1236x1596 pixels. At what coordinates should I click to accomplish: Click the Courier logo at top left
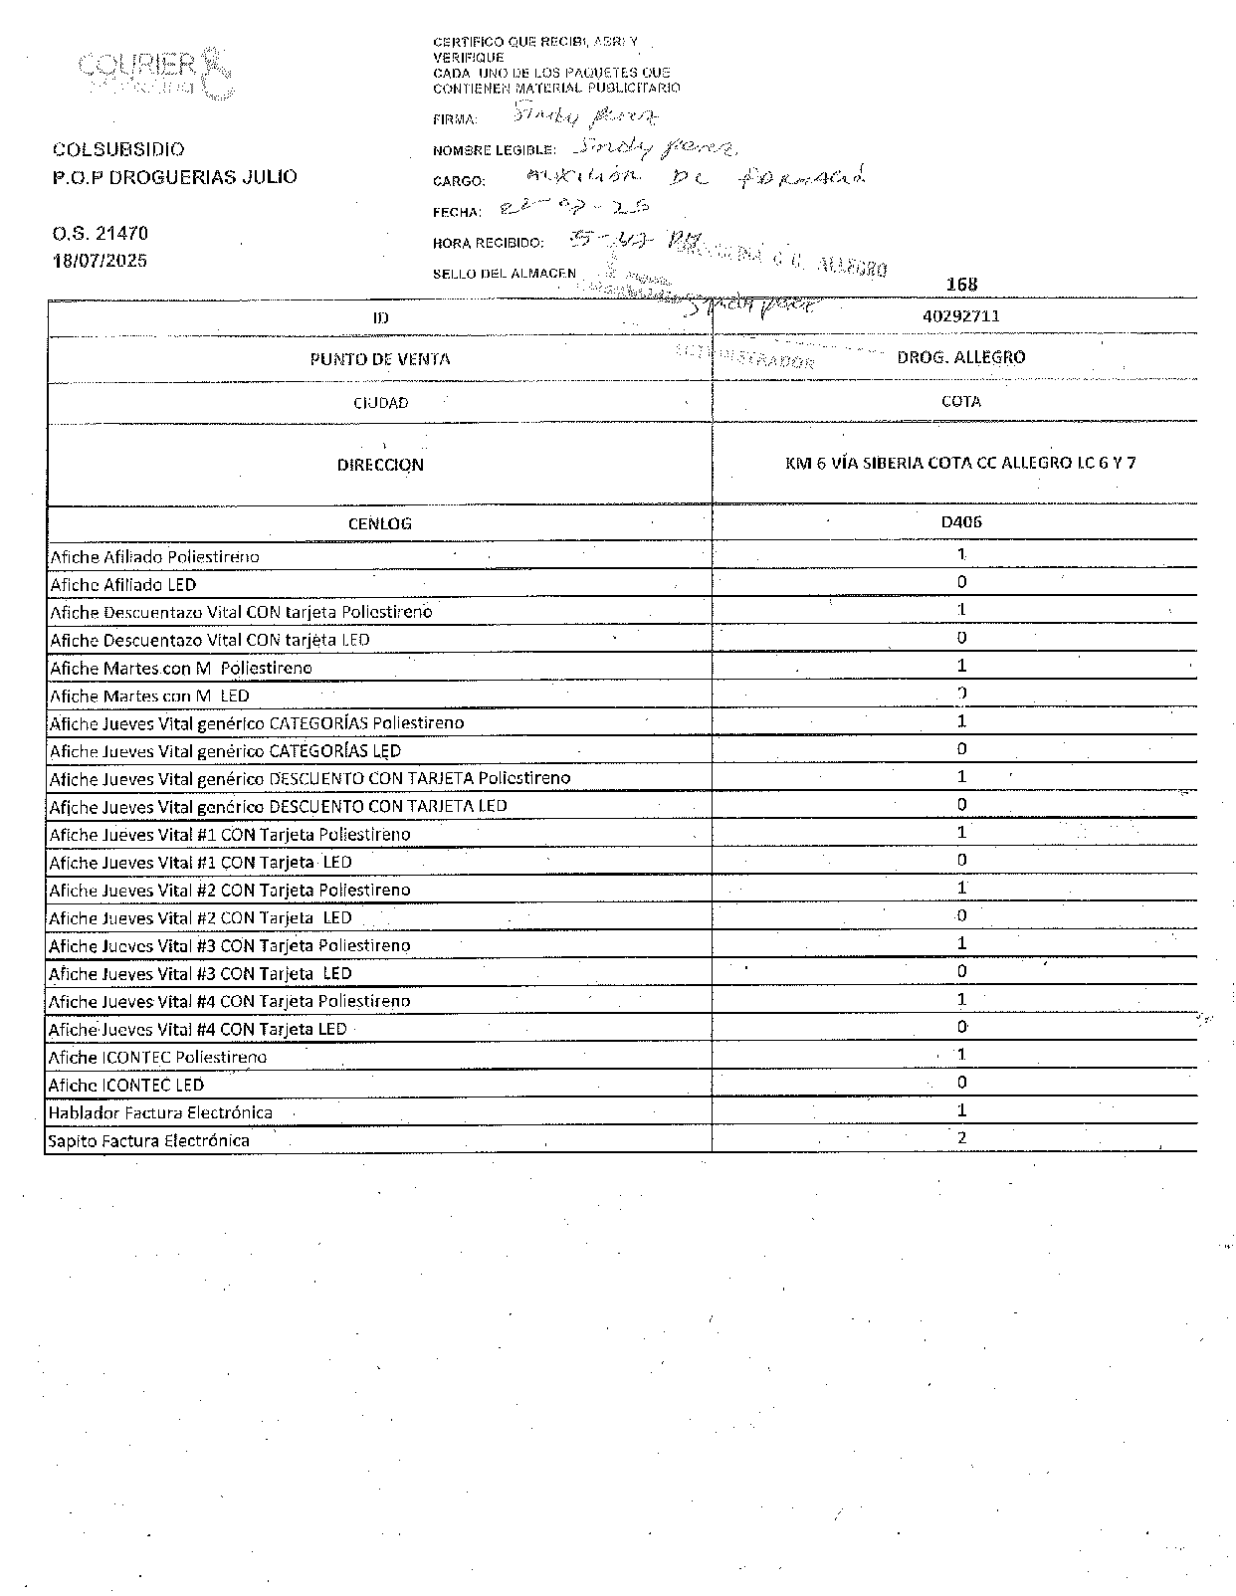click(x=154, y=72)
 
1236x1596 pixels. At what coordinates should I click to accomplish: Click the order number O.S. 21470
click(x=100, y=234)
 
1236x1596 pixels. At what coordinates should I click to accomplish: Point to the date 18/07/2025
click(x=100, y=261)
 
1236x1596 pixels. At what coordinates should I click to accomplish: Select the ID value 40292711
click(x=961, y=316)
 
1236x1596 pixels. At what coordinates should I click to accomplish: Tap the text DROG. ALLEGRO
click(x=960, y=357)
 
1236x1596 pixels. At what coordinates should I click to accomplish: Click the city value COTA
click(x=960, y=402)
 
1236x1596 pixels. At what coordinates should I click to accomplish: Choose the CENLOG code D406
click(x=961, y=521)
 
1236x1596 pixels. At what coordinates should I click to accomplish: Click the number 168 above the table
click(x=962, y=285)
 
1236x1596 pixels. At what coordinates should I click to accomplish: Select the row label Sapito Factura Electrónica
click(x=148, y=1140)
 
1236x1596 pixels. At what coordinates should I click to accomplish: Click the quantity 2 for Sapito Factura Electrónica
click(x=961, y=1138)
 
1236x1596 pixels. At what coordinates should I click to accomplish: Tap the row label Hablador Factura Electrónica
click(x=160, y=1112)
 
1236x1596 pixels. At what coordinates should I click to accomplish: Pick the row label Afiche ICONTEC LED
click(x=126, y=1085)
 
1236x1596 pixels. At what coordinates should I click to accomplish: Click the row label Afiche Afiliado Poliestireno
click(x=154, y=557)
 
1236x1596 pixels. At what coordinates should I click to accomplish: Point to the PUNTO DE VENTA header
click(x=380, y=359)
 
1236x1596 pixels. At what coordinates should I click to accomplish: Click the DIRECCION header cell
click(x=380, y=465)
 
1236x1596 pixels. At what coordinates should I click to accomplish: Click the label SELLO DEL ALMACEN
click(x=504, y=274)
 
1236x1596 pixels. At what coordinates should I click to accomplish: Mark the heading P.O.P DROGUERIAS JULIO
click(x=174, y=177)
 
